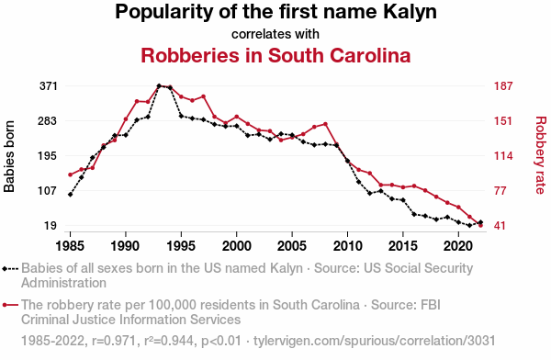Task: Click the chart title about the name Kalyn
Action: tap(275, 13)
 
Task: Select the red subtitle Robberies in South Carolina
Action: tap(275, 55)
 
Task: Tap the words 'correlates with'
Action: tap(275, 34)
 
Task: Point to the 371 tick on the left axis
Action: tap(48, 85)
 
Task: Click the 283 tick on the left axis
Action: tap(48, 120)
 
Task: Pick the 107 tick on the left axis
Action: tap(48, 191)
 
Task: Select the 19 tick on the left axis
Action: tap(51, 226)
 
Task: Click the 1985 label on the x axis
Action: tap(70, 246)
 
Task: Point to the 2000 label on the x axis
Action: tap(237, 246)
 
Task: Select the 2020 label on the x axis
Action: tap(458, 246)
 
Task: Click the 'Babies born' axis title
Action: tap(10, 155)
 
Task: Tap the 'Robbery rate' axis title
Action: tap(540, 155)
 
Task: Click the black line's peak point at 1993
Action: tap(159, 85)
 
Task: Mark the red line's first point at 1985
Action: tap(70, 174)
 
